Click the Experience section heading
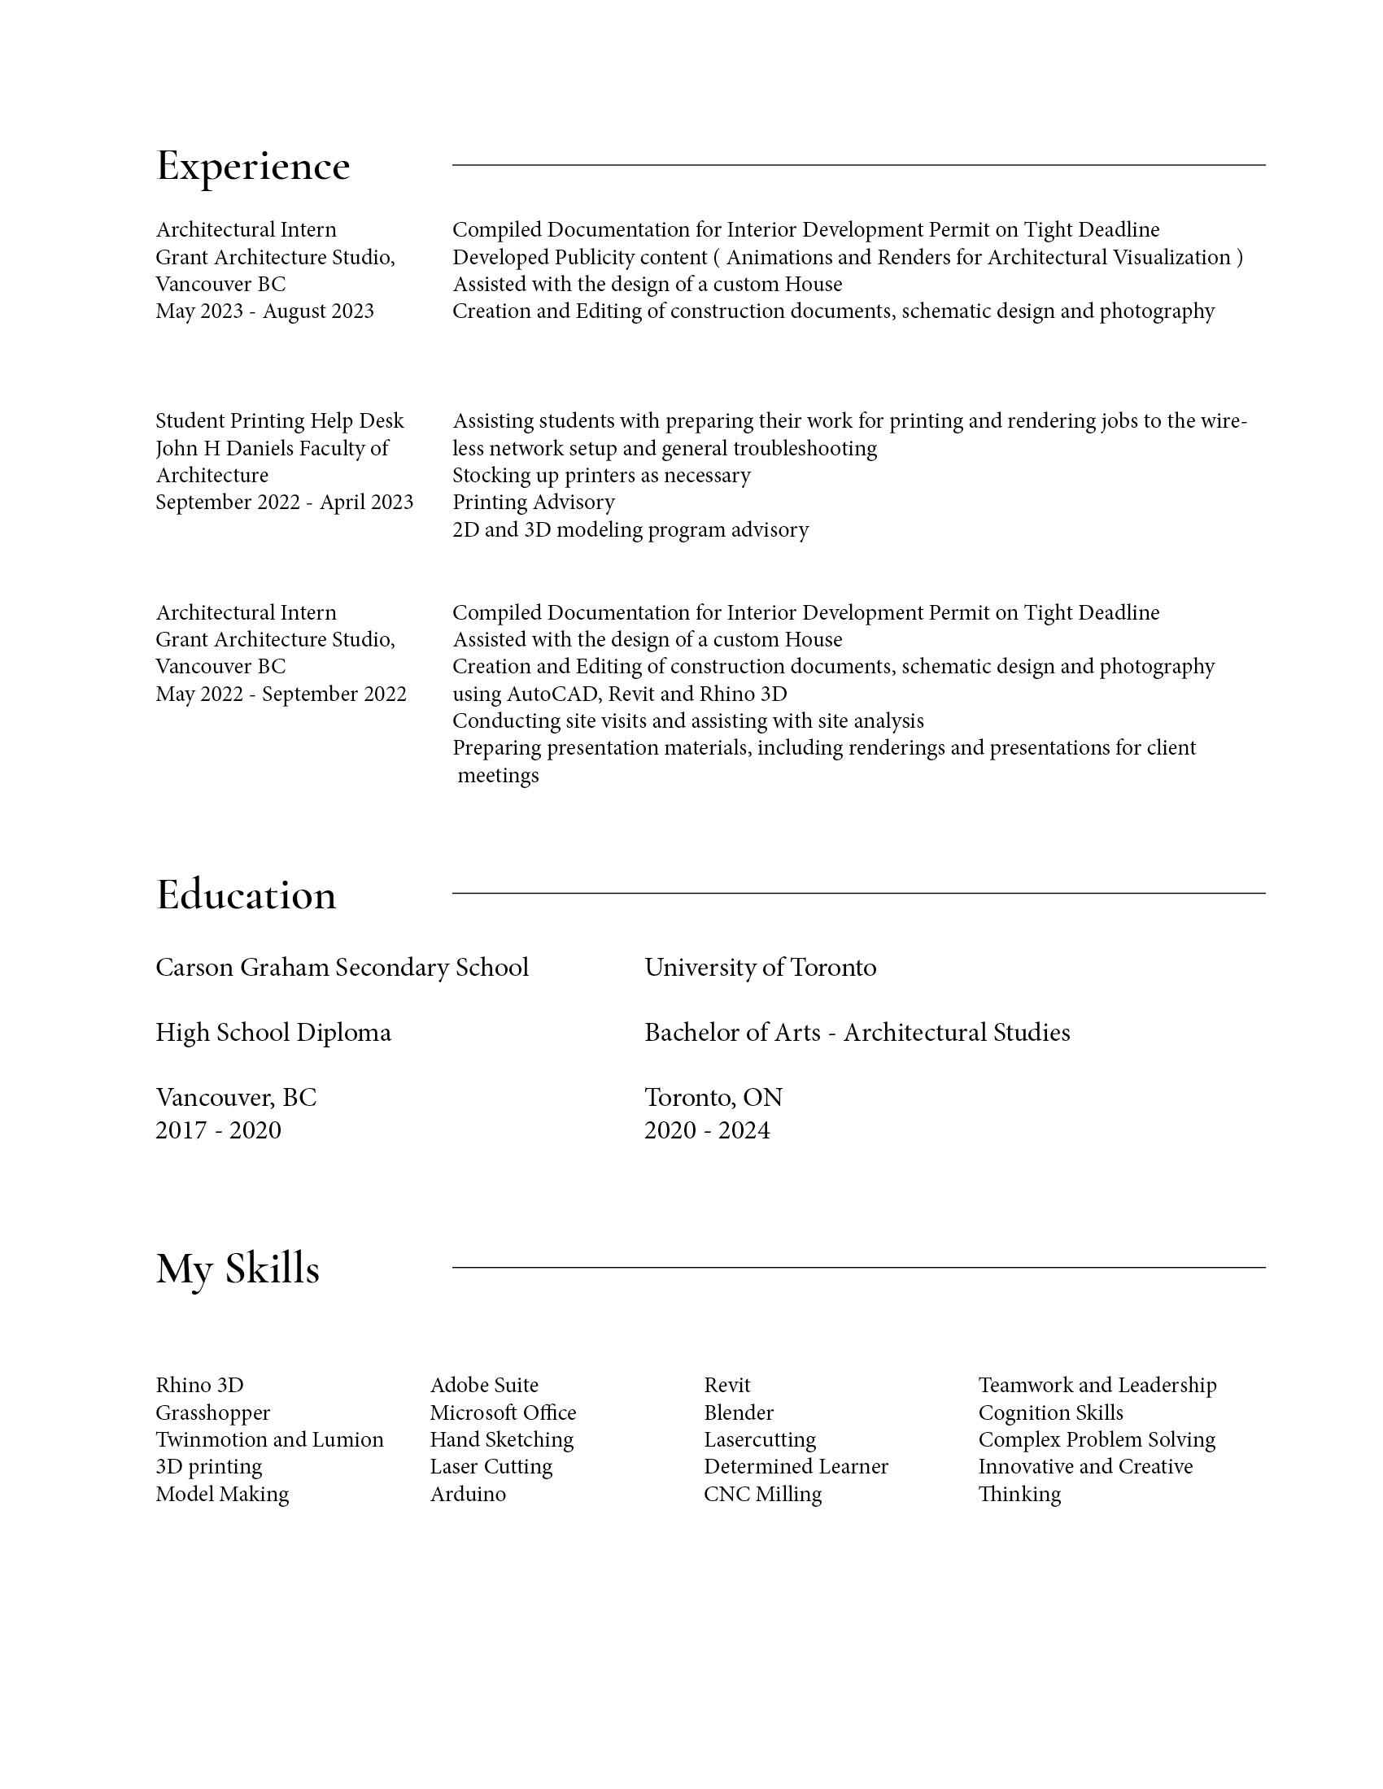click(x=252, y=166)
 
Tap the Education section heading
click(x=246, y=894)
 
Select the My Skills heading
click(x=238, y=1269)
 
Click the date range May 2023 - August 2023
click(x=264, y=311)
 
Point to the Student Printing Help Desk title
click(x=279, y=421)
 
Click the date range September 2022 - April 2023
click(x=284, y=502)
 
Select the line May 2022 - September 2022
click(x=281, y=694)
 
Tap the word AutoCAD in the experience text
click(x=553, y=694)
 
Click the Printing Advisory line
click(x=534, y=502)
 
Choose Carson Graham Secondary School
click(x=342, y=968)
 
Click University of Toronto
click(x=760, y=968)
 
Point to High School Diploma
click(x=273, y=1032)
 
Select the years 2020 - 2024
click(x=706, y=1130)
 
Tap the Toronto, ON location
click(x=713, y=1098)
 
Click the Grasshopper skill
click(x=213, y=1413)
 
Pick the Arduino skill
click(x=468, y=1494)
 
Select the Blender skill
click(x=738, y=1413)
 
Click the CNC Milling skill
click(x=762, y=1494)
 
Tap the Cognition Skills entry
click(x=1050, y=1413)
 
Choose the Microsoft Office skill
click(x=503, y=1413)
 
